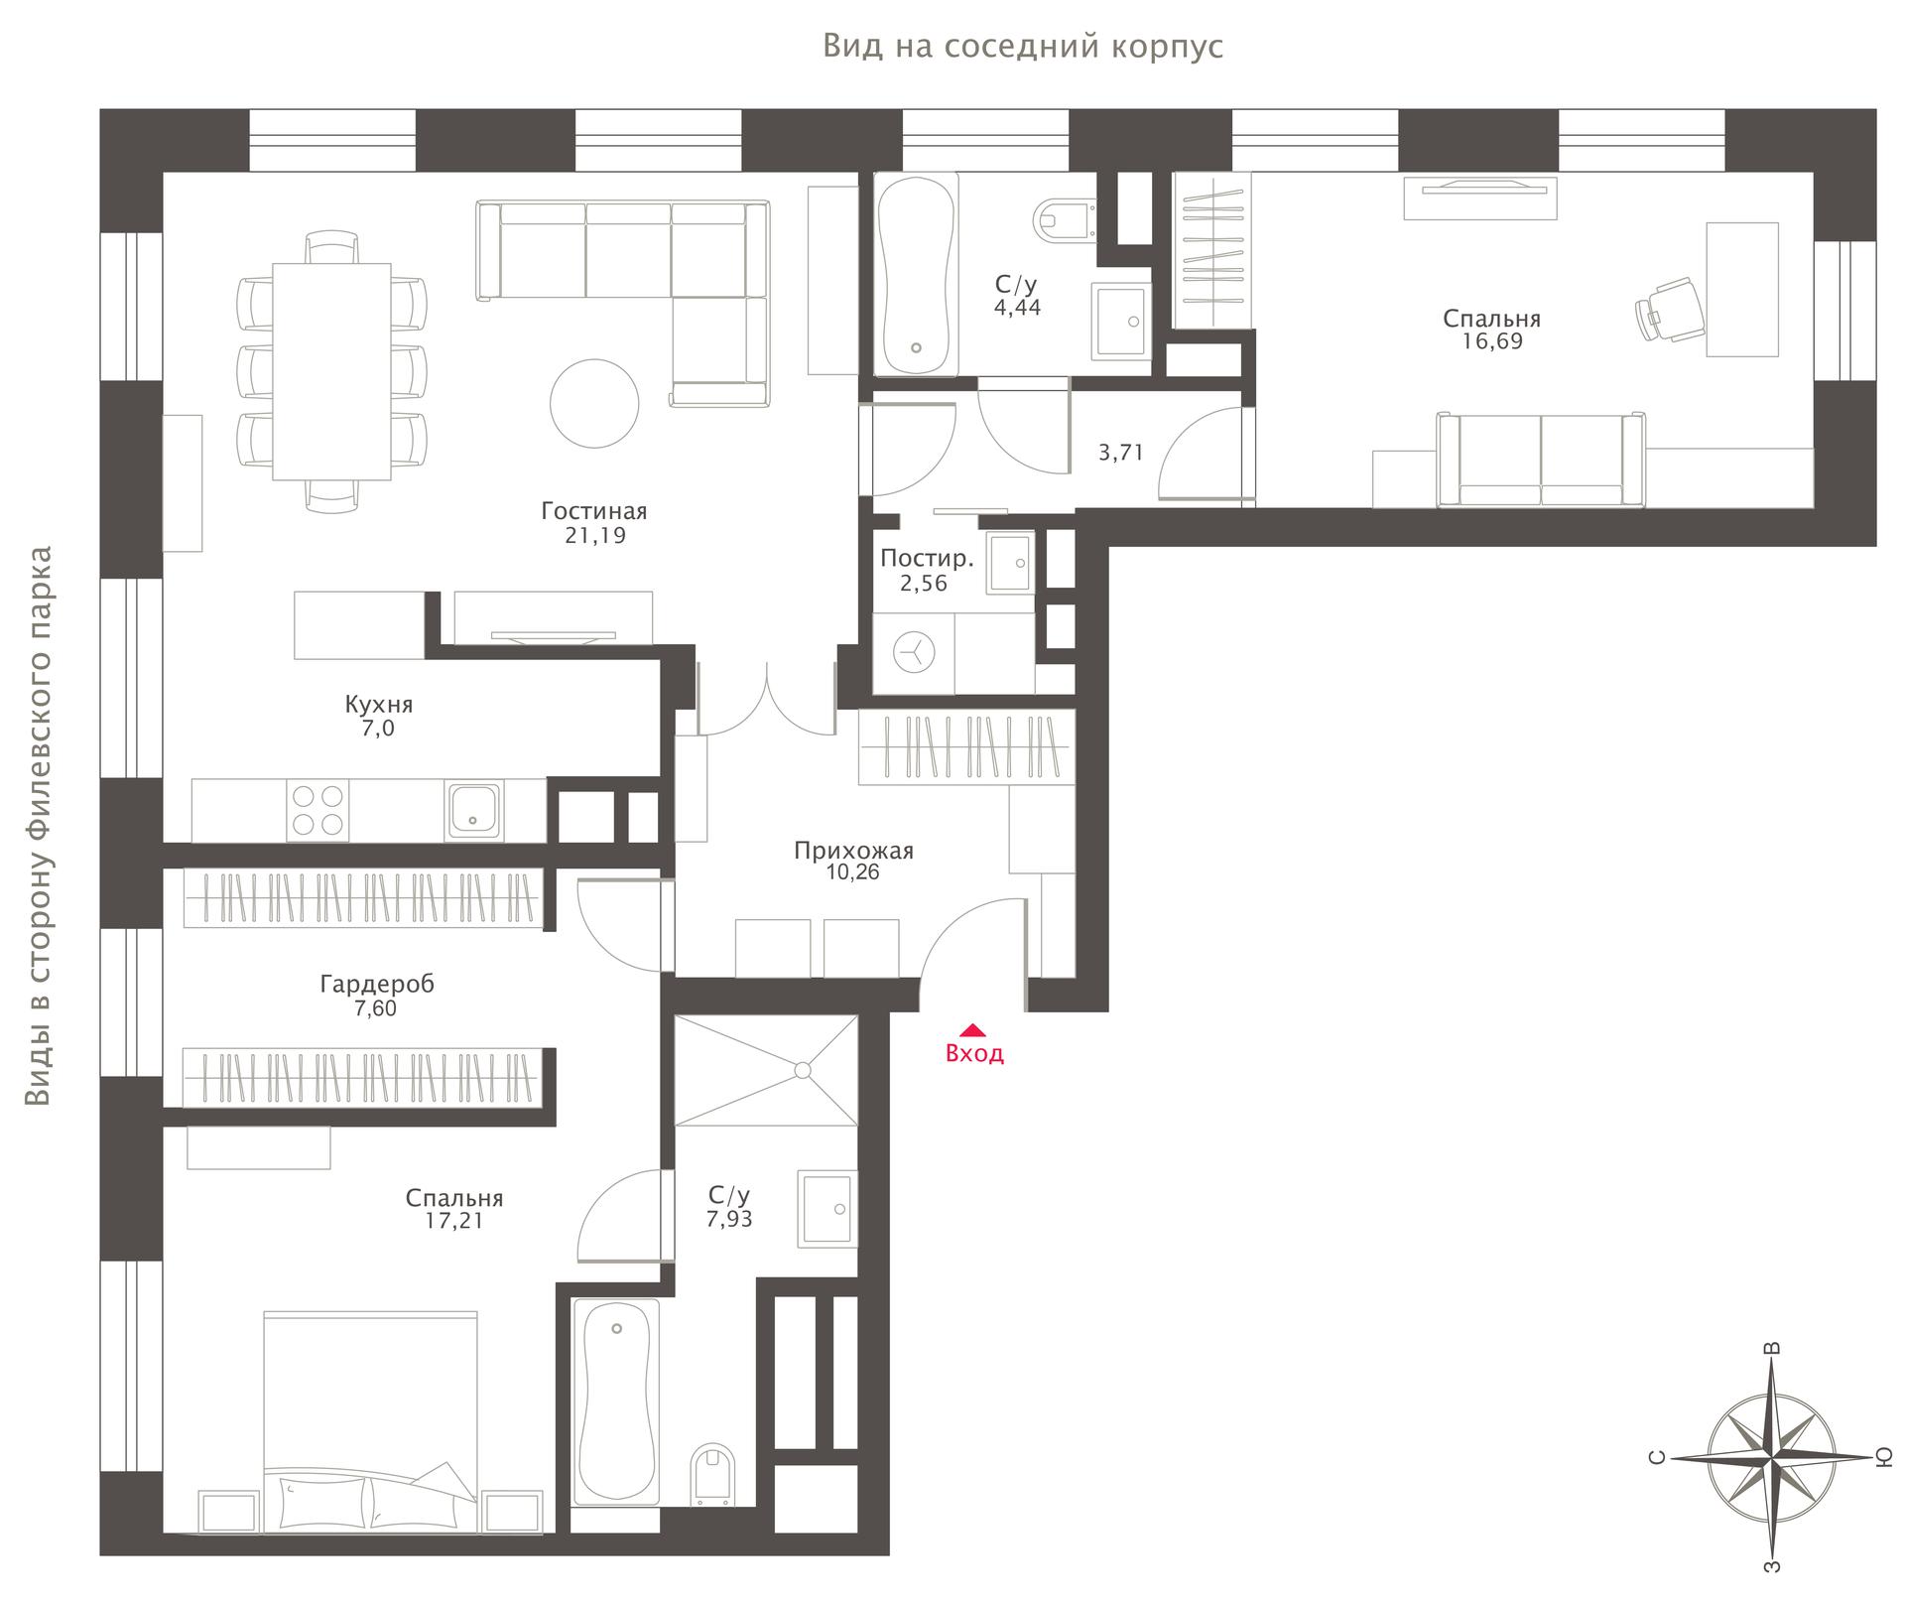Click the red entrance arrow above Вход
pyautogui.click(x=974, y=1029)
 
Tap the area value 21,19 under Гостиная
pyautogui.click(x=594, y=536)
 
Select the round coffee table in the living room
pyautogui.click(x=594, y=403)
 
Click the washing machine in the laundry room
pyautogui.click(x=913, y=653)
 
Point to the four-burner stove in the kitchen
pyautogui.click(x=317, y=810)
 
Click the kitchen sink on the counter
pyautogui.click(x=474, y=810)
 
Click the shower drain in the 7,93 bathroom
pyautogui.click(x=803, y=1070)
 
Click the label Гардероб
pyautogui.click(x=377, y=985)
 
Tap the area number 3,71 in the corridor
pyautogui.click(x=1121, y=454)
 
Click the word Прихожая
pyautogui.click(x=853, y=852)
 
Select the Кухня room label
pyautogui.click(x=379, y=705)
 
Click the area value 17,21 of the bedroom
pyautogui.click(x=454, y=1222)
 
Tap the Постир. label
pyautogui.click(x=927, y=558)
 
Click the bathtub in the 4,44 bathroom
pyautogui.click(x=916, y=275)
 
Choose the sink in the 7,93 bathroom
pyautogui.click(x=827, y=1208)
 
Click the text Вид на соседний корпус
pyautogui.click(x=1023, y=47)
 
